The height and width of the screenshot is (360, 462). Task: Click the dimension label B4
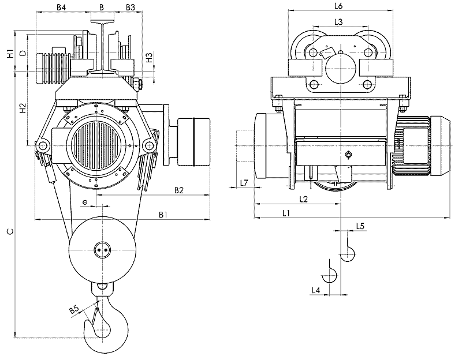(x=61, y=7)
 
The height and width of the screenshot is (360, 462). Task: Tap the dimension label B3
(x=130, y=7)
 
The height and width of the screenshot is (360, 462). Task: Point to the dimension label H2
(x=22, y=108)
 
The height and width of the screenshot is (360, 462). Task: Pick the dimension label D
(x=22, y=53)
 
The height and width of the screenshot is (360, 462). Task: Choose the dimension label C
(x=8, y=232)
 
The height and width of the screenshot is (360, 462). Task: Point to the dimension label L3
(x=339, y=22)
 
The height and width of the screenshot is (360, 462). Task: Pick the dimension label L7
(x=244, y=183)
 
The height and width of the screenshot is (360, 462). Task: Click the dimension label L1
(x=286, y=213)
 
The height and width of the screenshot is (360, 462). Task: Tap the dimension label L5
(x=360, y=226)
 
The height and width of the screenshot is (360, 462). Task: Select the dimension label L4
(x=315, y=289)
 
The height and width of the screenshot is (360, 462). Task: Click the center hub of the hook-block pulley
(x=102, y=250)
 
